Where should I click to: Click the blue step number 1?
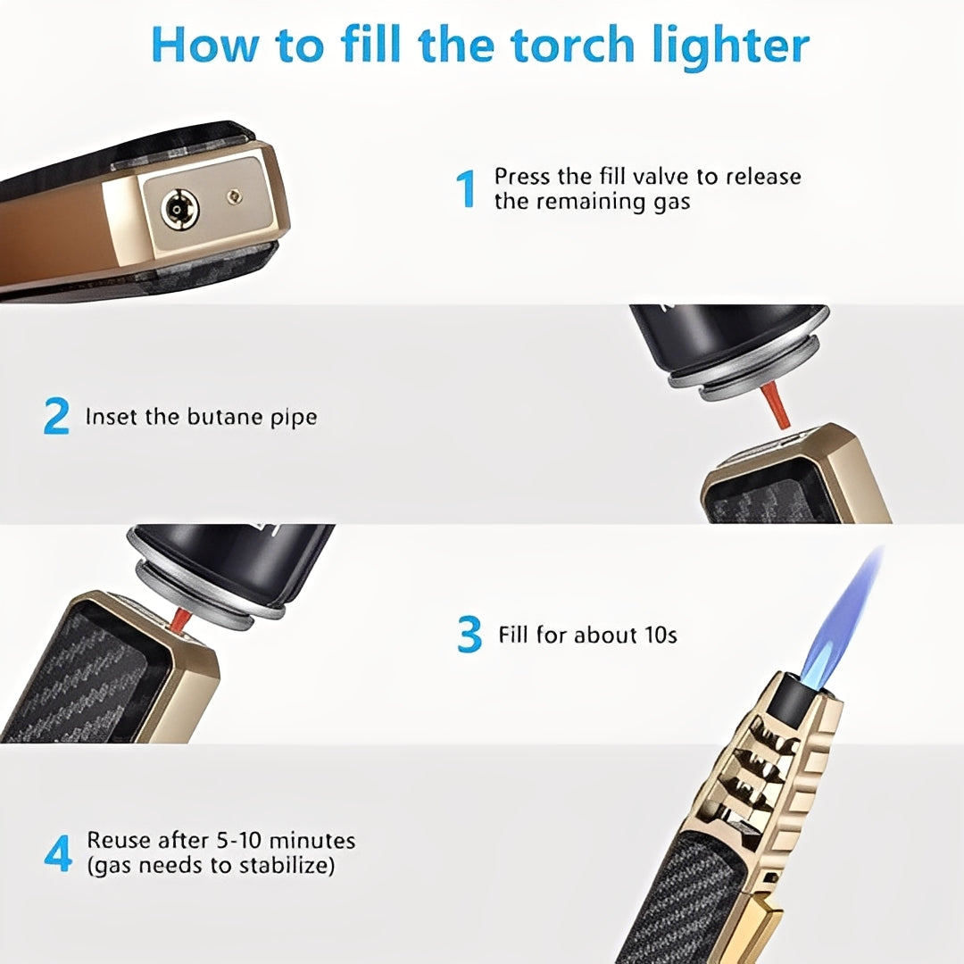click(x=466, y=189)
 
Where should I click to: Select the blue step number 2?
click(x=56, y=417)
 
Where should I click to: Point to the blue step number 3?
click(x=470, y=636)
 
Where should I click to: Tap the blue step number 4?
click(x=58, y=853)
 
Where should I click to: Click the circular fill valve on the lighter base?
click(x=179, y=210)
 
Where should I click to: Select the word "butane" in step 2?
click(x=226, y=417)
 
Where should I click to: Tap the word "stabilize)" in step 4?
click(x=287, y=865)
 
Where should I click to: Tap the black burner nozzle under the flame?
click(x=791, y=697)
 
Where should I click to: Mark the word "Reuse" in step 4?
click(x=115, y=841)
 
